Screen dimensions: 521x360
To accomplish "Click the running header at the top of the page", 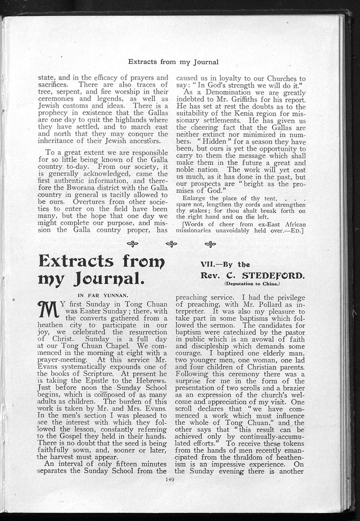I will tap(173, 62).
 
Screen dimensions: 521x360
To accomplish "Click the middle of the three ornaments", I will tap(171, 245).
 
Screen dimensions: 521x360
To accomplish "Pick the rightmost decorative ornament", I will tap(210, 245).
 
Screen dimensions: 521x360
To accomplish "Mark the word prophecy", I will tap(55, 113).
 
